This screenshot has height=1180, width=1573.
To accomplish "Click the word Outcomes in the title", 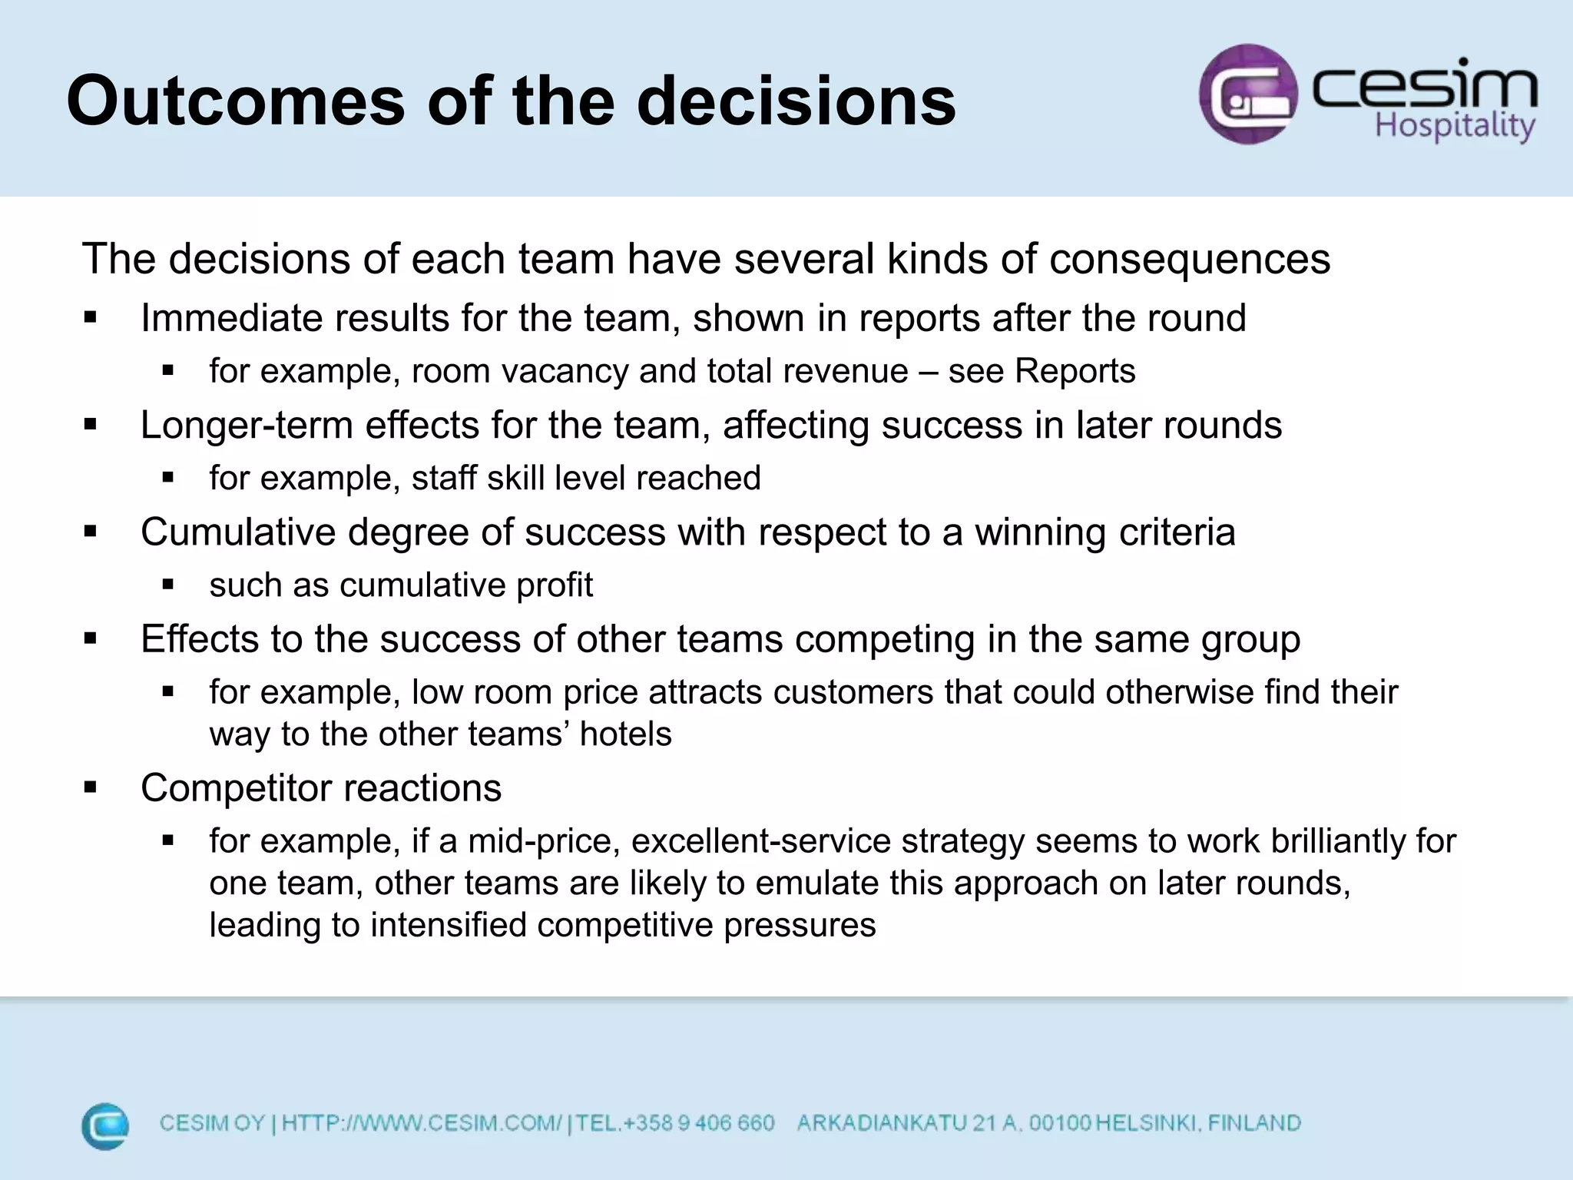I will click(x=235, y=101).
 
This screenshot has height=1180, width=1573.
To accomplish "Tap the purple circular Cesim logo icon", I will click(x=1248, y=94).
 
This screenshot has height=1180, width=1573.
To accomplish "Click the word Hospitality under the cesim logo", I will click(x=1455, y=125).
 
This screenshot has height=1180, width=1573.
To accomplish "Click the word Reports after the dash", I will click(x=1075, y=371).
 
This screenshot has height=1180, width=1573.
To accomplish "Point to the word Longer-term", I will click(x=247, y=426).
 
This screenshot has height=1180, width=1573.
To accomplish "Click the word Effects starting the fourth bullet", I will click(x=200, y=639).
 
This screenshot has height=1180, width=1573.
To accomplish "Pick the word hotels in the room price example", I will click(x=625, y=734).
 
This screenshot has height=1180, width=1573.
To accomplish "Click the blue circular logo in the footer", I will click(x=105, y=1126).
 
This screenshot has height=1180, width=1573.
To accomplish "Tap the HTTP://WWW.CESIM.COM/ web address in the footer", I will click(x=422, y=1123).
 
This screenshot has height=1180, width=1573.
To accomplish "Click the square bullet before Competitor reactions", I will click(x=91, y=787).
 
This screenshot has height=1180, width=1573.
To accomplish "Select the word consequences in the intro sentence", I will click(x=1189, y=259).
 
